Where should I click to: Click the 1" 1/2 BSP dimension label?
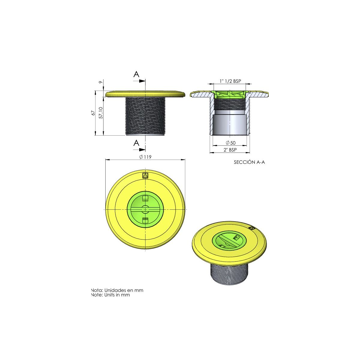coord(230,81)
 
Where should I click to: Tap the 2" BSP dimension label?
coord(230,150)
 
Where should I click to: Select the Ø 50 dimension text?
coord(230,143)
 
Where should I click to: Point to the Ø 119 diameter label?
coord(145,157)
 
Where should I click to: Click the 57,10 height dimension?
coord(101,113)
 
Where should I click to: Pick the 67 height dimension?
coord(93,113)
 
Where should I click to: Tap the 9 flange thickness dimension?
coord(101,82)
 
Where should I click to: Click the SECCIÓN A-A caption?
coord(249,162)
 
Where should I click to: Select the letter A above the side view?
coord(136,74)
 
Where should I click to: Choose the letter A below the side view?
coord(136,143)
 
